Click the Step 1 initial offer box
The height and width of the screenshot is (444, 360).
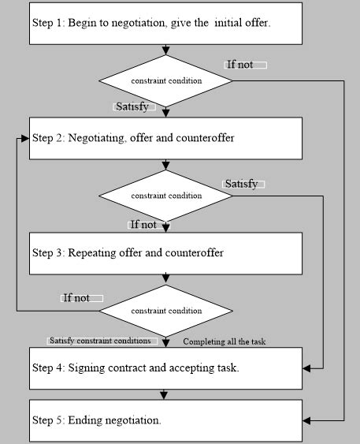click(165, 23)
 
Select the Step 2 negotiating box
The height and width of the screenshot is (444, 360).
click(165, 138)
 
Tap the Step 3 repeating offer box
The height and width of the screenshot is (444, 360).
click(165, 253)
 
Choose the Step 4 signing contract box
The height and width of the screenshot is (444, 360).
click(165, 368)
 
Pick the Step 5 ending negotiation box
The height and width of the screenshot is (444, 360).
click(165, 420)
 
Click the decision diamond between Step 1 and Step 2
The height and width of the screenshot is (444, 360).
click(165, 80)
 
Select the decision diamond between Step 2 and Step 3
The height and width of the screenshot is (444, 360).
click(165, 196)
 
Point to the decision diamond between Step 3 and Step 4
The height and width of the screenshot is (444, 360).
click(165, 311)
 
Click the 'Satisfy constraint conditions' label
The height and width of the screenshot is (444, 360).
click(99, 341)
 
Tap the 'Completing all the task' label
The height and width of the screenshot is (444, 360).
click(225, 341)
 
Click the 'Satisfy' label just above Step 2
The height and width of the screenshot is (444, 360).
click(132, 106)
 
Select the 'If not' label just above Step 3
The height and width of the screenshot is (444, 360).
click(145, 225)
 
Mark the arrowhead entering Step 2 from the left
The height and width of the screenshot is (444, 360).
click(25, 138)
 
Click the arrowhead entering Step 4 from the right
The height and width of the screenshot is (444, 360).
click(308, 368)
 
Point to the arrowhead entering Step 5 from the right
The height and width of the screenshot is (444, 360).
click(308, 420)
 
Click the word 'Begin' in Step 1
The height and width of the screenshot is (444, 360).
click(83, 23)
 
